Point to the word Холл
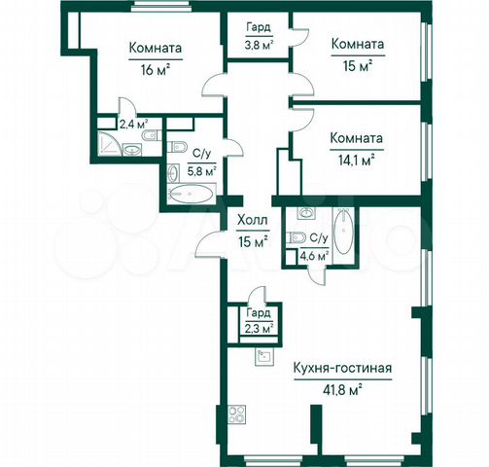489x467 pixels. coord(253,221)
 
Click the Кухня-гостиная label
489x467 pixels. coord(341,368)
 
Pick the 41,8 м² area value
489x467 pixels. coord(341,388)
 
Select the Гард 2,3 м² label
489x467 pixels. coord(258,320)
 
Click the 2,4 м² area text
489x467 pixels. coord(133,124)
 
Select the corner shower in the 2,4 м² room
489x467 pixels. coord(108,147)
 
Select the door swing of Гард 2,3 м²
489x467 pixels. coord(255,294)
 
